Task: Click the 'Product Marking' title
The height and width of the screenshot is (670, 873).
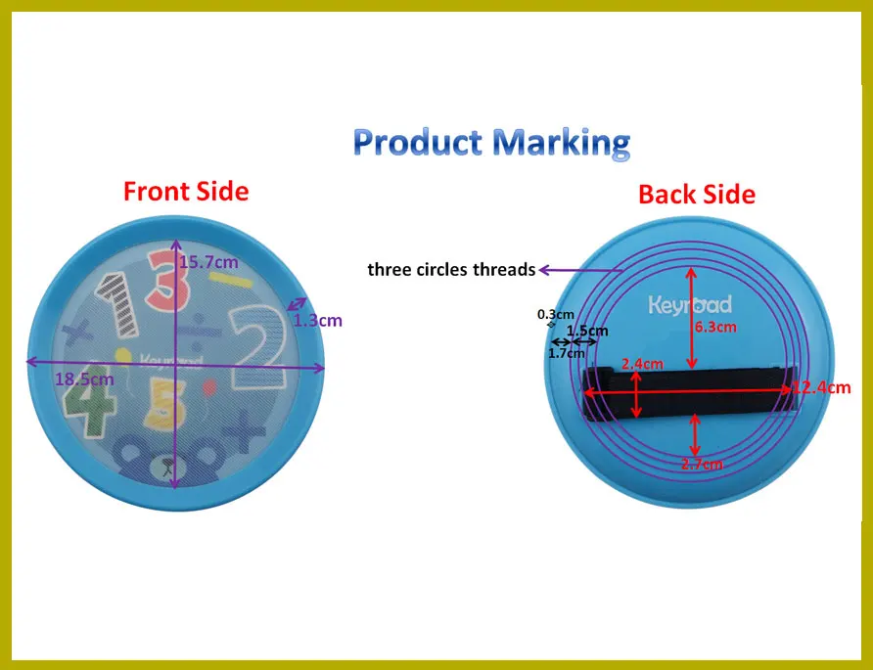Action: click(x=491, y=143)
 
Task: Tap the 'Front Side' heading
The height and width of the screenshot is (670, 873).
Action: click(x=186, y=192)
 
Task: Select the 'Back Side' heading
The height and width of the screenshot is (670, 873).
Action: click(x=697, y=195)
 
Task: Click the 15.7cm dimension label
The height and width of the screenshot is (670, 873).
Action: click(x=208, y=261)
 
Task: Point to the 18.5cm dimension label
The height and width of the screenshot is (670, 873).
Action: click(x=84, y=380)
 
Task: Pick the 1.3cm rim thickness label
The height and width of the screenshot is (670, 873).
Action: click(x=318, y=321)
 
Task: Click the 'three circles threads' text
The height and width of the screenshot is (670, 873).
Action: click(x=451, y=270)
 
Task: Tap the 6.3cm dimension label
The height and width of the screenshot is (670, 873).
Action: click(x=715, y=327)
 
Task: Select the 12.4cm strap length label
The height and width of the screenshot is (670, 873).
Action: click(x=822, y=387)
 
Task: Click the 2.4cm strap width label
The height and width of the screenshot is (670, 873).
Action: click(x=642, y=364)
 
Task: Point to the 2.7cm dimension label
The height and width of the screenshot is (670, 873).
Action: click(x=702, y=464)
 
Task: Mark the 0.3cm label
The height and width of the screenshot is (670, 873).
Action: click(x=556, y=314)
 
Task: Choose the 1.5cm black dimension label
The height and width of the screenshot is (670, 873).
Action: click(x=587, y=331)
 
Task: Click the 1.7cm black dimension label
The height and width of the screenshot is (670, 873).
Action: click(x=567, y=353)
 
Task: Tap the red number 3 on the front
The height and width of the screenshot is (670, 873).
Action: click(x=166, y=281)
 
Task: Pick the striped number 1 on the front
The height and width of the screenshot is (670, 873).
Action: click(x=118, y=304)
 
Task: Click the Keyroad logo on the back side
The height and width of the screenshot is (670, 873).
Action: click(x=690, y=305)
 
